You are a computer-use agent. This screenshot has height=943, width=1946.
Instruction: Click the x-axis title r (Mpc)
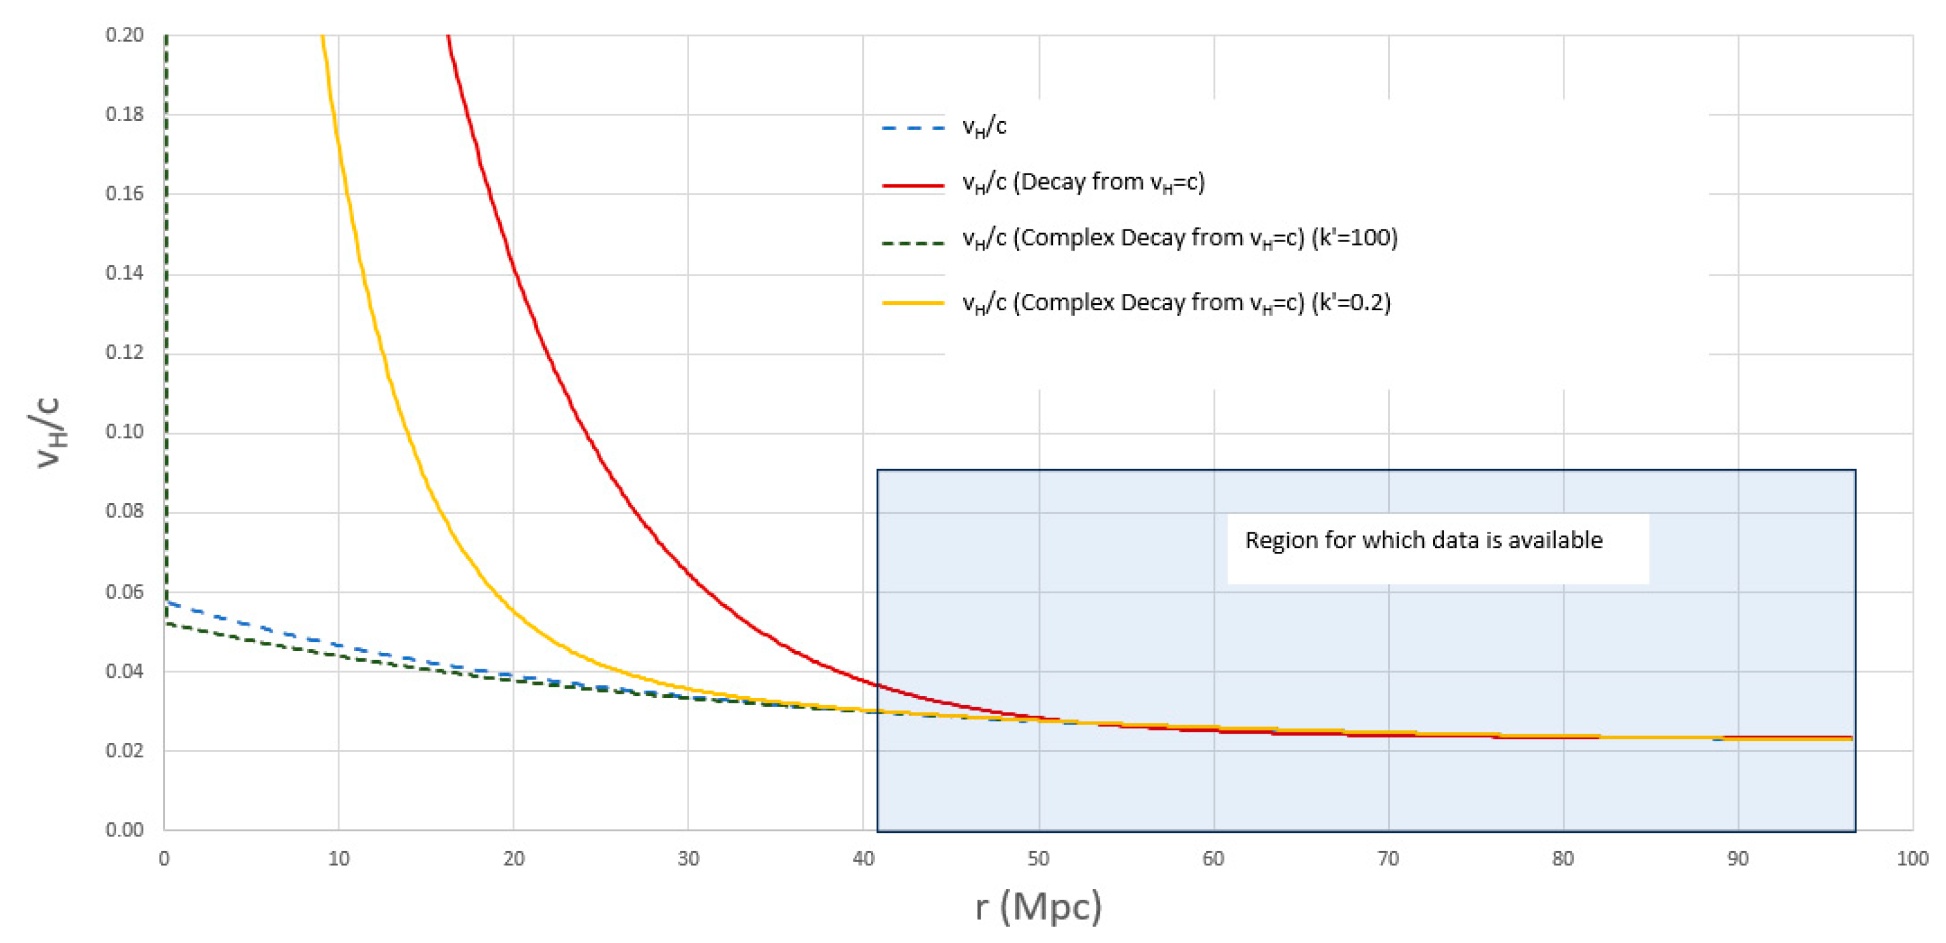1038,906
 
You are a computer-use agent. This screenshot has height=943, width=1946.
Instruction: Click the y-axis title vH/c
49,432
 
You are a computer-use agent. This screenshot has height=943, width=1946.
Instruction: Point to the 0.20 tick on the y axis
125,35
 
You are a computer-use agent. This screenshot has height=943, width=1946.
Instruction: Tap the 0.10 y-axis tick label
125,431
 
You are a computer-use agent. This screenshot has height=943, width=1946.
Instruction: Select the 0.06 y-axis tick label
125,591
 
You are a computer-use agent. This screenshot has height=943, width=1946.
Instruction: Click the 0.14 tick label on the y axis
125,273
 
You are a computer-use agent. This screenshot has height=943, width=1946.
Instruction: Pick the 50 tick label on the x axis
1038,859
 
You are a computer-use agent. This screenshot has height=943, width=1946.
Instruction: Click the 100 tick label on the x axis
1912,859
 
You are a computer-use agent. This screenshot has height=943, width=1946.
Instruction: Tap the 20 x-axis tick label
513,859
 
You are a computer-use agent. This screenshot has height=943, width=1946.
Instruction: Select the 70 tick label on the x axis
1389,859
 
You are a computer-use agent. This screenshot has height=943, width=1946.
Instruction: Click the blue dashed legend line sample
913,128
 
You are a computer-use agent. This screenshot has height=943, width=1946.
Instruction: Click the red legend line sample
913,185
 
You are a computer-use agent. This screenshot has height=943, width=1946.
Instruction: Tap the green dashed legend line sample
913,243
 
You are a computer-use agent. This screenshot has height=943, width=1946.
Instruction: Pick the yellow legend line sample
913,303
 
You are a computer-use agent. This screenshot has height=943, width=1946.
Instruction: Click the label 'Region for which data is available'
1423,540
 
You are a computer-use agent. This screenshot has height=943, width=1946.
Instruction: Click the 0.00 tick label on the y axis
125,830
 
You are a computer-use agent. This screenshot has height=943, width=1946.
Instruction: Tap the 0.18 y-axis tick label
125,114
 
